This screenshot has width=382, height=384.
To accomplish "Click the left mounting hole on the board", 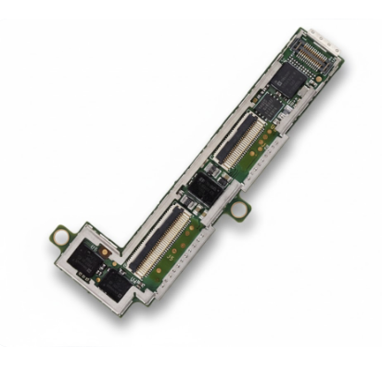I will (x=62, y=237).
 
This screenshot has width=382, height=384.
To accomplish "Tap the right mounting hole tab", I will (x=238, y=209).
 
